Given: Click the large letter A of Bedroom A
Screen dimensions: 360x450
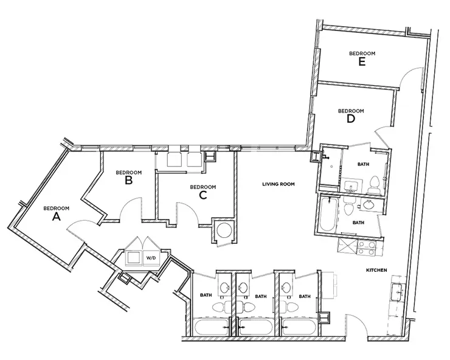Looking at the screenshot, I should tap(57, 217).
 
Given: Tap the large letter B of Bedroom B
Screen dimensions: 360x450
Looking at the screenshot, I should tap(129, 181).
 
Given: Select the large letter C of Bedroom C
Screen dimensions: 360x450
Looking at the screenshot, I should tap(203, 195).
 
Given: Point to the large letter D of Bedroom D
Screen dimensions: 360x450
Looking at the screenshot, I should tap(351, 119).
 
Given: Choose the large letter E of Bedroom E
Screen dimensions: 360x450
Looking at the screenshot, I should tap(362, 62).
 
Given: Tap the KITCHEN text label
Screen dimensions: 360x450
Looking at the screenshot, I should tap(376, 270).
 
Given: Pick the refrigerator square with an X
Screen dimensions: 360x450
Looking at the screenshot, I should tap(347, 247).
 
